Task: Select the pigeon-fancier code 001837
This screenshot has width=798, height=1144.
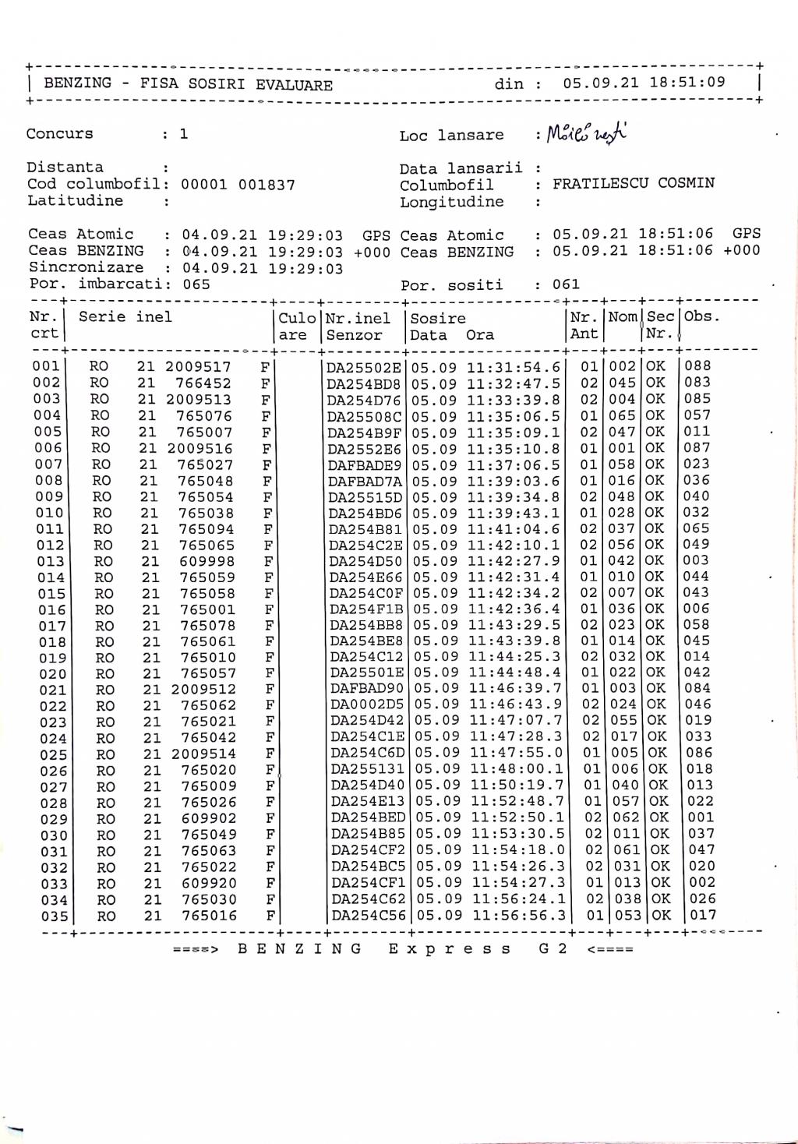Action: [267, 185]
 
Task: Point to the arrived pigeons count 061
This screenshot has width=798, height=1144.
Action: [567, 285]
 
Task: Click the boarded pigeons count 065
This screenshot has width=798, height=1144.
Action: [196, 284]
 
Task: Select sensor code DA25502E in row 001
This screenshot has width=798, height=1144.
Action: [364, 366]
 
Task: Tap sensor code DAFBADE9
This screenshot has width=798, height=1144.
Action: [365, 465]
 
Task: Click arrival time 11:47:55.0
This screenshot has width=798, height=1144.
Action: [517, 754]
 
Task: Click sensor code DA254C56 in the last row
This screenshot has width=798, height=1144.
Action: [369, 916]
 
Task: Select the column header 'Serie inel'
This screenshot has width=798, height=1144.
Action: [125, 317]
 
